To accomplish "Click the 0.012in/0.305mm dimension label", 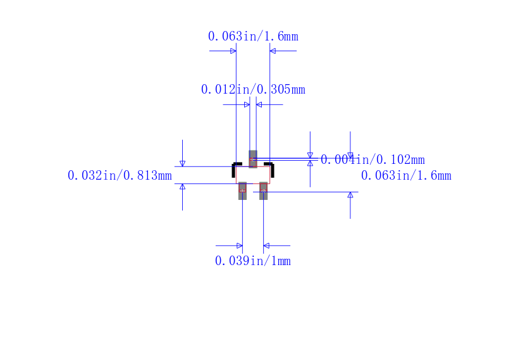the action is click(x=253, y=89).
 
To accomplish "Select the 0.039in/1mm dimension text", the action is click(x=252, y=261).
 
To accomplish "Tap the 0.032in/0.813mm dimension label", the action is click(x=120, y=176).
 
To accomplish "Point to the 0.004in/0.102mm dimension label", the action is click(x=373, y=159).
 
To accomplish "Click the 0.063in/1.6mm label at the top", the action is click(x=253, y=36).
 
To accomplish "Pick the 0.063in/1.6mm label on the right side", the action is click(x=406, y=176).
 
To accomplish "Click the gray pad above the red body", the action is click(x=253, y=159).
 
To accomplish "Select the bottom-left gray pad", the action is click(x=242, y=191).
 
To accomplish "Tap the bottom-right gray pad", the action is click(x=263, y=191).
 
